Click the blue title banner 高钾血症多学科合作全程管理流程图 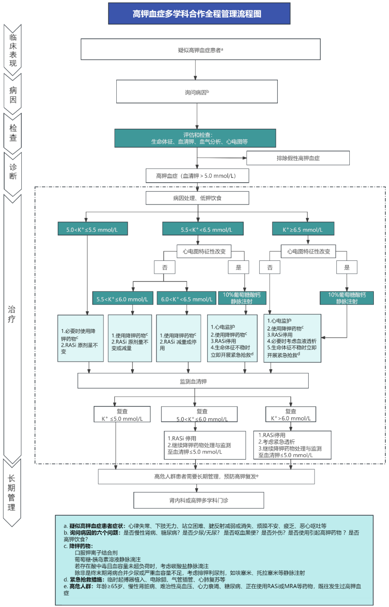click(x=199, y=13)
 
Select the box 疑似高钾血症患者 click(x=200, y=49)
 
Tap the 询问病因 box click(x=197, y=91)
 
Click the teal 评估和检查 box click(x=195, y=138)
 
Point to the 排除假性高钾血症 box click(x=298, y=158)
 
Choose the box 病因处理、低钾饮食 click(x=197, y=198)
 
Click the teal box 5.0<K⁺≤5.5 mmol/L click(x=93, y=228)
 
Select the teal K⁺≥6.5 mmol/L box click(x=303, y=228)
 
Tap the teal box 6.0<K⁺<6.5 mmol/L click(x=186, y=298)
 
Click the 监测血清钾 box click(x=193, y=381)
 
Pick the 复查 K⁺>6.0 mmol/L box click(x=291, y=414)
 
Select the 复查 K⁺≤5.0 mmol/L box click(x=122, y=415)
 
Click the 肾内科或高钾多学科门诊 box click(x=198, y=500)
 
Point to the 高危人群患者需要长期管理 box click(x=206, y=476)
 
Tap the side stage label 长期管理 click(x=12, y=493)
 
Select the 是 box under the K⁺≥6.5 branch click(x=347, y=267)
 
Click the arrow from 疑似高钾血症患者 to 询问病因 click(x=195, y=70)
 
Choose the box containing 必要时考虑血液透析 click(x=292, y=338)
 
